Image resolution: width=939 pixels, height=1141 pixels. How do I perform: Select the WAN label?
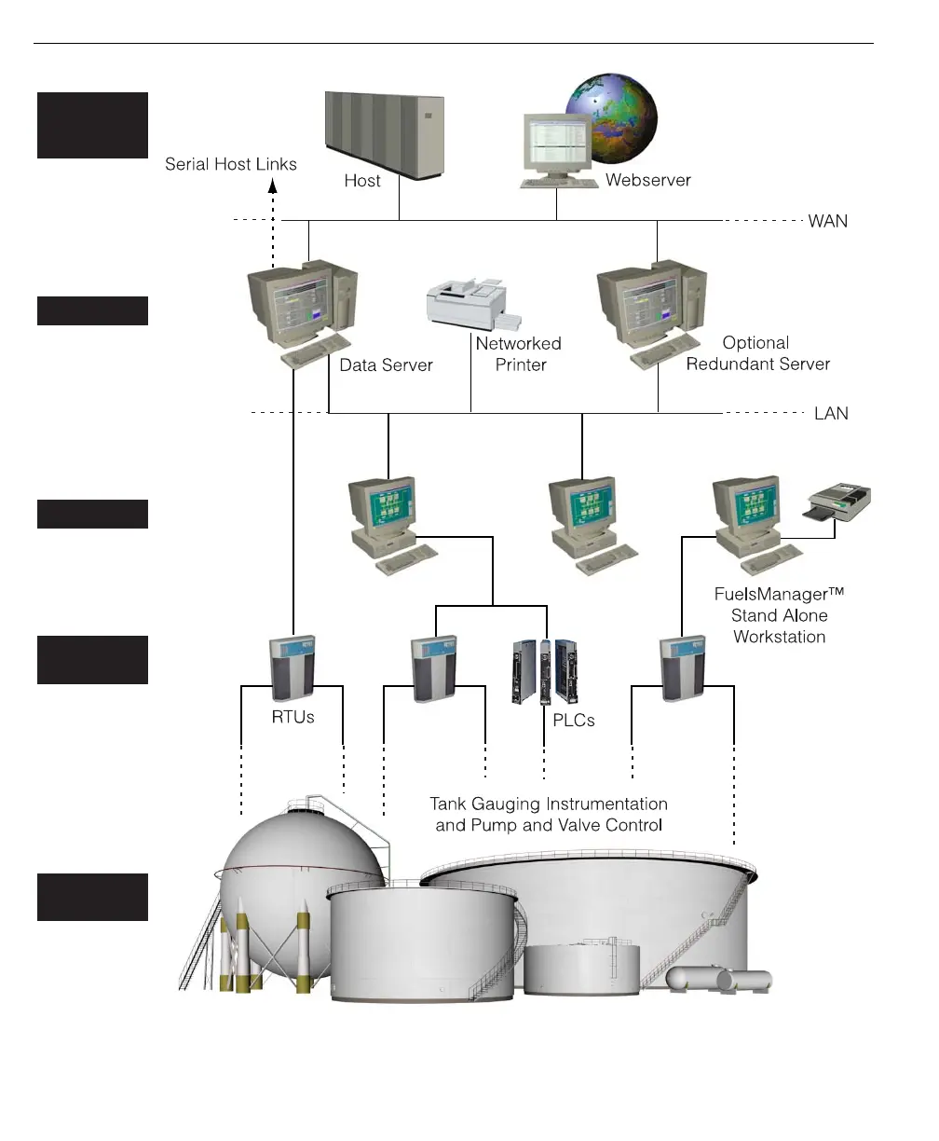(x=827, y=221)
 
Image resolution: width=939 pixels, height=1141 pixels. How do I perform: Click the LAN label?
(x=831, y=413)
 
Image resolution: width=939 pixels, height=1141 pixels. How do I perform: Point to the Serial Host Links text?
(x=231, y=164)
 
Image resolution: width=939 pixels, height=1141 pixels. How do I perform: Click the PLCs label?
(x=573, y=720)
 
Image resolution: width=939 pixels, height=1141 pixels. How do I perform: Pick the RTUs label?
(x=292, y=717)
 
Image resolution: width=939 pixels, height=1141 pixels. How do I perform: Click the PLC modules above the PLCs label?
(x=546, y=669)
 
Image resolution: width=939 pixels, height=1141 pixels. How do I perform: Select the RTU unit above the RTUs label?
(x=292, y=667)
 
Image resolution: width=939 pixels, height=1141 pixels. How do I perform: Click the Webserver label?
(x=647, y=180)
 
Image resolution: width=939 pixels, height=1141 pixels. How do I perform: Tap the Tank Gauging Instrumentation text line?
(x=548, y=804)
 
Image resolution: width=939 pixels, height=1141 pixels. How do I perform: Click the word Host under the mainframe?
(x=362, y=181)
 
